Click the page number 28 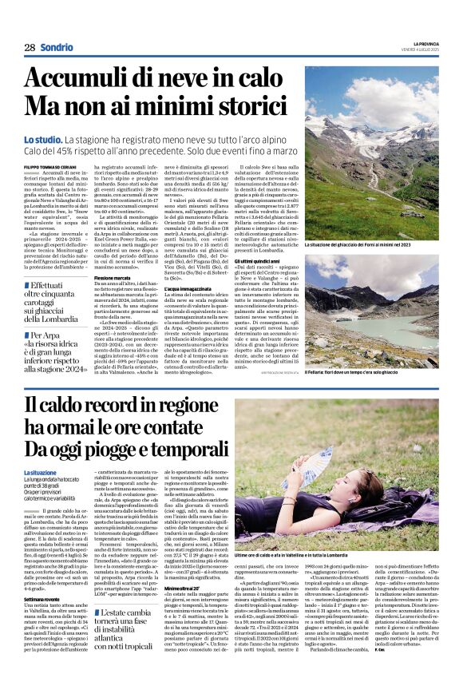coord(30,47)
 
